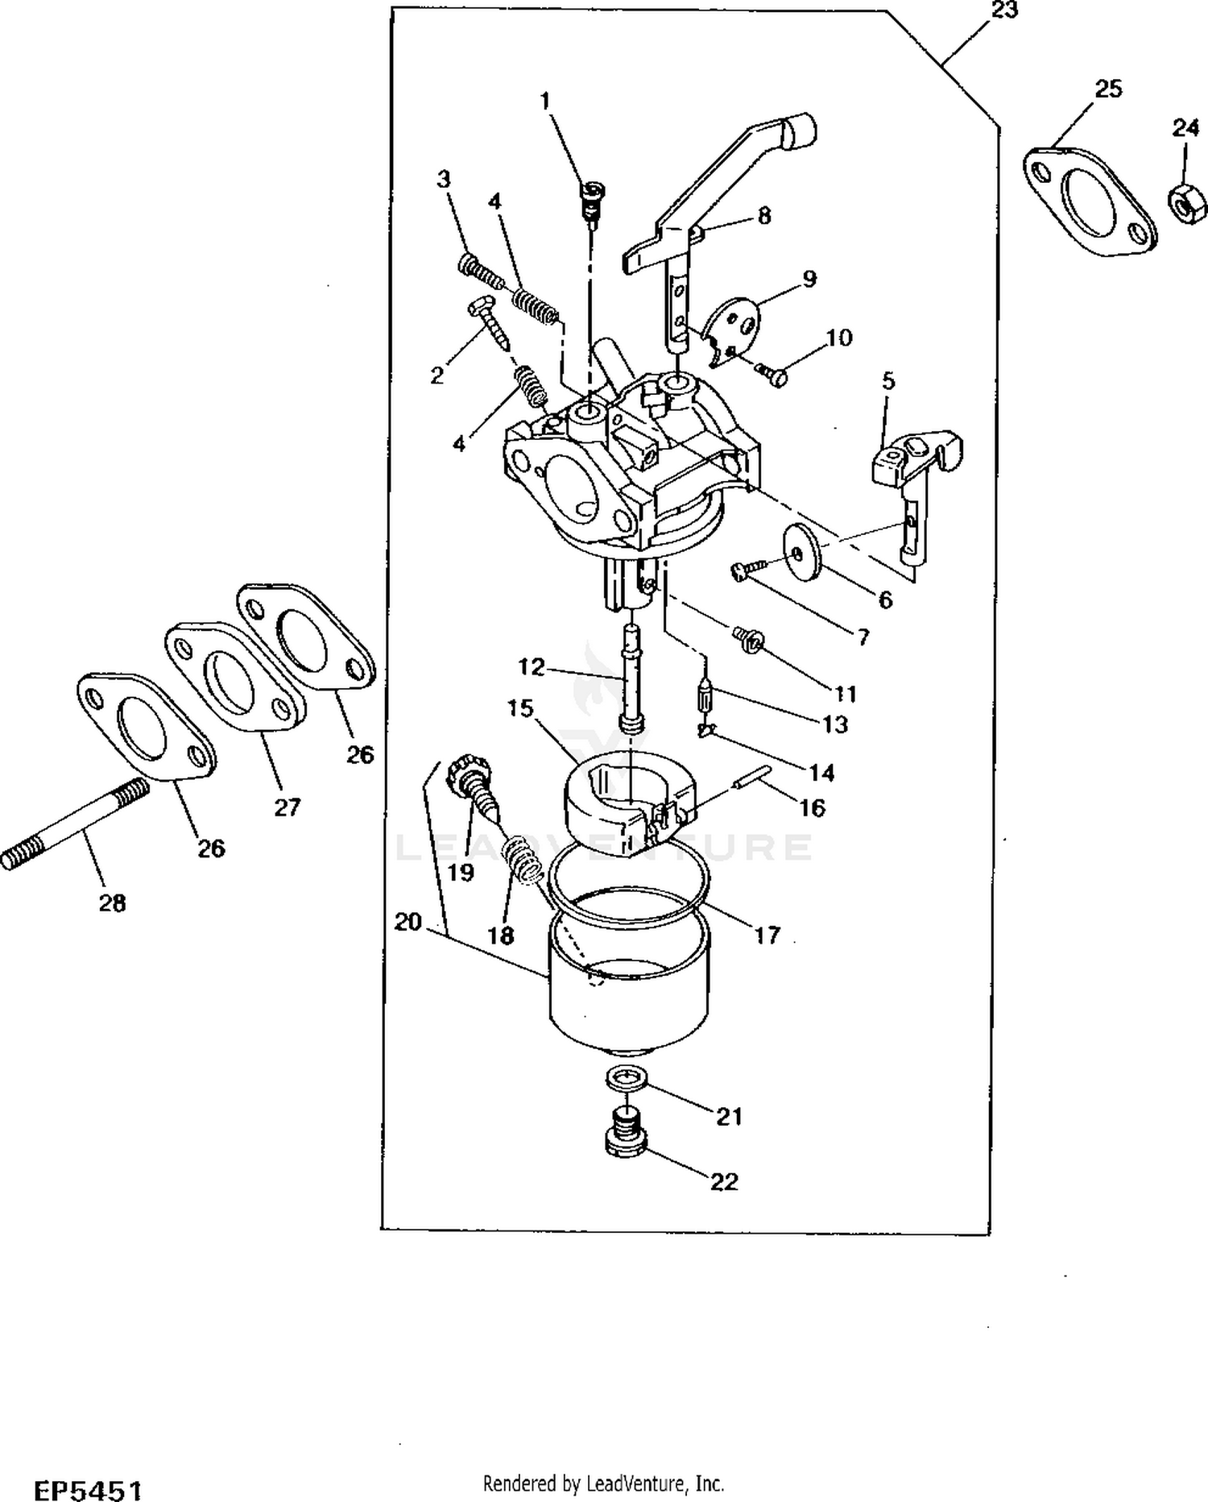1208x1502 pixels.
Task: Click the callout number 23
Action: point(1005,11)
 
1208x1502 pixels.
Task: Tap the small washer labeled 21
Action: point(624,1077)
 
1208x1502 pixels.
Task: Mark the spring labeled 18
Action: point(522,860)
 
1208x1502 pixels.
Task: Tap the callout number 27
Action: point(287,807)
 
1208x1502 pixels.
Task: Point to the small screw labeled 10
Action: point(772,375)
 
